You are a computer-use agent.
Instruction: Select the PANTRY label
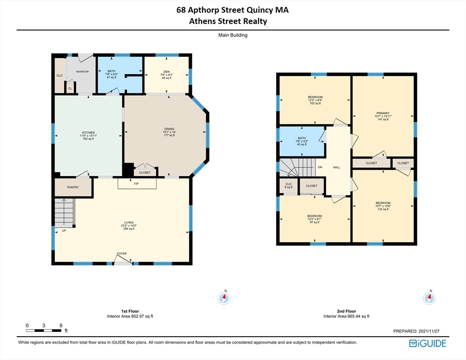point(73,187)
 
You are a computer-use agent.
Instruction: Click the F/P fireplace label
point(136,184)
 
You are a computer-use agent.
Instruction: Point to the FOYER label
point(122,254)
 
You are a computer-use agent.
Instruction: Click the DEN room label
point(166,72)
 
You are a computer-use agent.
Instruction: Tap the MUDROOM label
point(82,72)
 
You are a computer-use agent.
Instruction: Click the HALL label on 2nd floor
point(337,167)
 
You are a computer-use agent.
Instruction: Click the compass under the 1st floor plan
point(225,297)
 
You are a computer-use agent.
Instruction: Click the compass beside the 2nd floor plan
point(429,297)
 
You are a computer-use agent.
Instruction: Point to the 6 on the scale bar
point(61,325)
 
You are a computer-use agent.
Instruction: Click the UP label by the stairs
point(64,231)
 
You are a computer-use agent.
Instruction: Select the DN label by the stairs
point(320,167)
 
